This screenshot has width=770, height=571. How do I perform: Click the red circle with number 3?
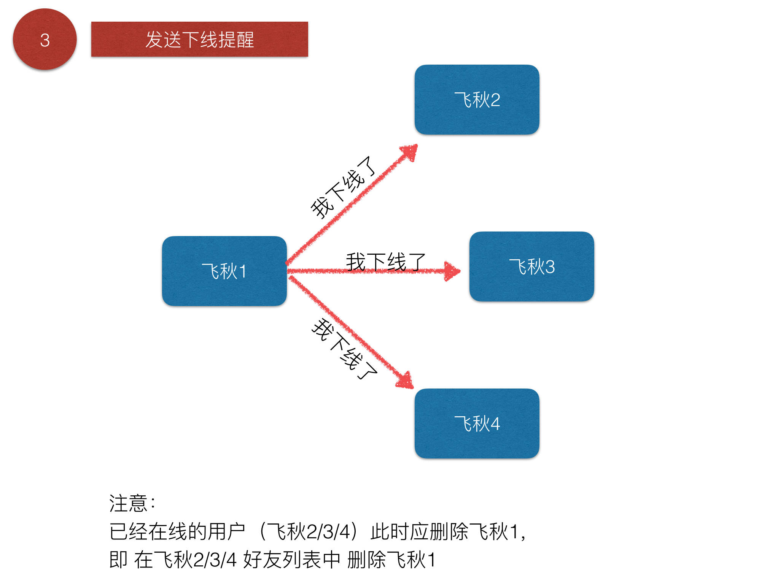coord(45,39)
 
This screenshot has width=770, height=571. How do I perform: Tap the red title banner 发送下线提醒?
coord(199,39)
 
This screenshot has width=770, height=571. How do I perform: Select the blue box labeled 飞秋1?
coord(224,271)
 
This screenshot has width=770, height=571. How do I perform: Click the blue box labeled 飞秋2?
coord(477,100)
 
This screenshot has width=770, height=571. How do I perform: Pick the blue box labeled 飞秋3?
coord(532,266)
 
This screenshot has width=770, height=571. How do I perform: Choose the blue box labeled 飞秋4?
coord(477,423)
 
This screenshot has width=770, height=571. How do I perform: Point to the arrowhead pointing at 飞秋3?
coord(452,271)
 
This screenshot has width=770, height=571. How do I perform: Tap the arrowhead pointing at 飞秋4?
coord(406,380)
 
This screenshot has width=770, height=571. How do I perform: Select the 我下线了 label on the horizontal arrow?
coord(386,262)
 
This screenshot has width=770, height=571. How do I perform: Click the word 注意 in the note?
coord(128,503)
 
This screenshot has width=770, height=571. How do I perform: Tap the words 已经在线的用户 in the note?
coord(177,531)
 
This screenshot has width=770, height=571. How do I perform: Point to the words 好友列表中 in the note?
coord(292,560)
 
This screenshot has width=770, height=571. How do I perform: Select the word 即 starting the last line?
coord(118,560)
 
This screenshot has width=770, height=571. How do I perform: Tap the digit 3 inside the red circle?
coord(45,40)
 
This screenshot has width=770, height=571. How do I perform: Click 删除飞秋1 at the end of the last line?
coord(391,560)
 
